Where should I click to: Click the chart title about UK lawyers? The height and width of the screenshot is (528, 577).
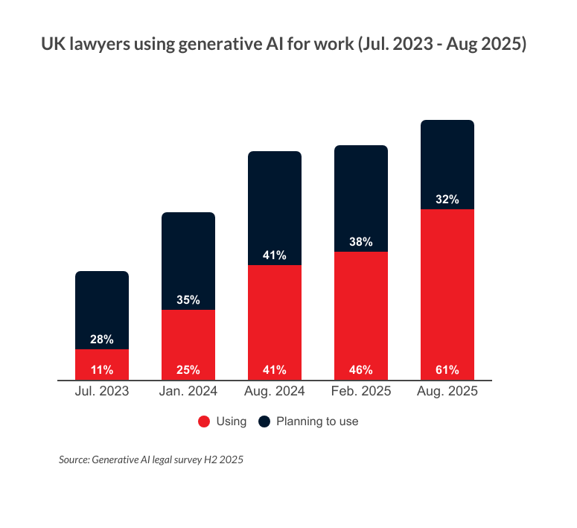[x=284, y=45]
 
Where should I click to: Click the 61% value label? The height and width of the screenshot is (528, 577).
[x=447, y=369]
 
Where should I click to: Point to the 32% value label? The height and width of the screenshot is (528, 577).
[x=447, y=200]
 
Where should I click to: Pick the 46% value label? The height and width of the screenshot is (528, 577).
[x=361, y=369]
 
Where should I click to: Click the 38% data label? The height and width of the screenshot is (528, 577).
[x=361, y=242]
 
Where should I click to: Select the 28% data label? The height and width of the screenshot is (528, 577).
[x=102, y=340]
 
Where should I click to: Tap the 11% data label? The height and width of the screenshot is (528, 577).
[x=102, y=369]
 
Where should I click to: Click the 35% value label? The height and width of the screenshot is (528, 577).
[x=188, y=300]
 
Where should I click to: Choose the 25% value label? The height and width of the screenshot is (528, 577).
[x=188, y=369]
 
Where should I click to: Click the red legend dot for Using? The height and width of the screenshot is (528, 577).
[x=203, y=422]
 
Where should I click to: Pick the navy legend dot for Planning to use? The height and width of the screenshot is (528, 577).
[x=264, y=422]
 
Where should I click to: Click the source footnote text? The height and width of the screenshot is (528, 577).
[x=151, y=459]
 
